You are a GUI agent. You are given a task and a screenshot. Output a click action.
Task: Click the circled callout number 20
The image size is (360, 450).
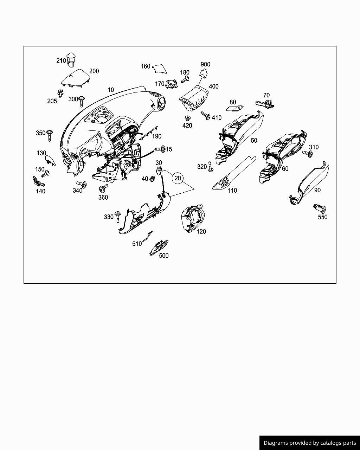click(x=178, y=178)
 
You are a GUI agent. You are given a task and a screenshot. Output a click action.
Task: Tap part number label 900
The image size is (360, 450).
click(x=205, y=64)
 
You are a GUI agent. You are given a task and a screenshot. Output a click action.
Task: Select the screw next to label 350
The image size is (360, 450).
click(x=50, y=135)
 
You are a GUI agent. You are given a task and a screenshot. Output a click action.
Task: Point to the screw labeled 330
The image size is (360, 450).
click(x=117, y=217)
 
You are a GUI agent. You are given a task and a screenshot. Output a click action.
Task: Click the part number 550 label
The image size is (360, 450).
click(x=322, y=217)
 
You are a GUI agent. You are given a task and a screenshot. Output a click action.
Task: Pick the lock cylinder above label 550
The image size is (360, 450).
click(x=320, y=208)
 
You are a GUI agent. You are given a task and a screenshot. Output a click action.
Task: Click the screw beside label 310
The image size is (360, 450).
click(x=308, y=154)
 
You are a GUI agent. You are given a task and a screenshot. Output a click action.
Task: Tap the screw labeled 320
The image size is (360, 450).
click(x=211, y=166)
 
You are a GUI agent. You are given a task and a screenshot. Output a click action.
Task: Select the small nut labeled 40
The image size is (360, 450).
click(x=153, y=178)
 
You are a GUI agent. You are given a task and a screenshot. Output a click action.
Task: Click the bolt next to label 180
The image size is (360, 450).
click(x=185, y=79)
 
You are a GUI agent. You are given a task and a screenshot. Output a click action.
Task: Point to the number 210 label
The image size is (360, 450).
click(x=61, y=60)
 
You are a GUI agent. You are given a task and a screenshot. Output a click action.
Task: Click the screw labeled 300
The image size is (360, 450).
click(x=82, y=101)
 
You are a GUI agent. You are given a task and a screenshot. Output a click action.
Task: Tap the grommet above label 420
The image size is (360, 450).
click(x=187, y=118)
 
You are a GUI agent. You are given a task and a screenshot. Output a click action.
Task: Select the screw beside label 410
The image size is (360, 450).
click(x=206, y=115)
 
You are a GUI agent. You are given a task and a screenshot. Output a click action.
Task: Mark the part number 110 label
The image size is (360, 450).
click(x=232, y=191)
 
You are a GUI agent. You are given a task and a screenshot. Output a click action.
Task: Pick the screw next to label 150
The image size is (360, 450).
click(x=45, y=174)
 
